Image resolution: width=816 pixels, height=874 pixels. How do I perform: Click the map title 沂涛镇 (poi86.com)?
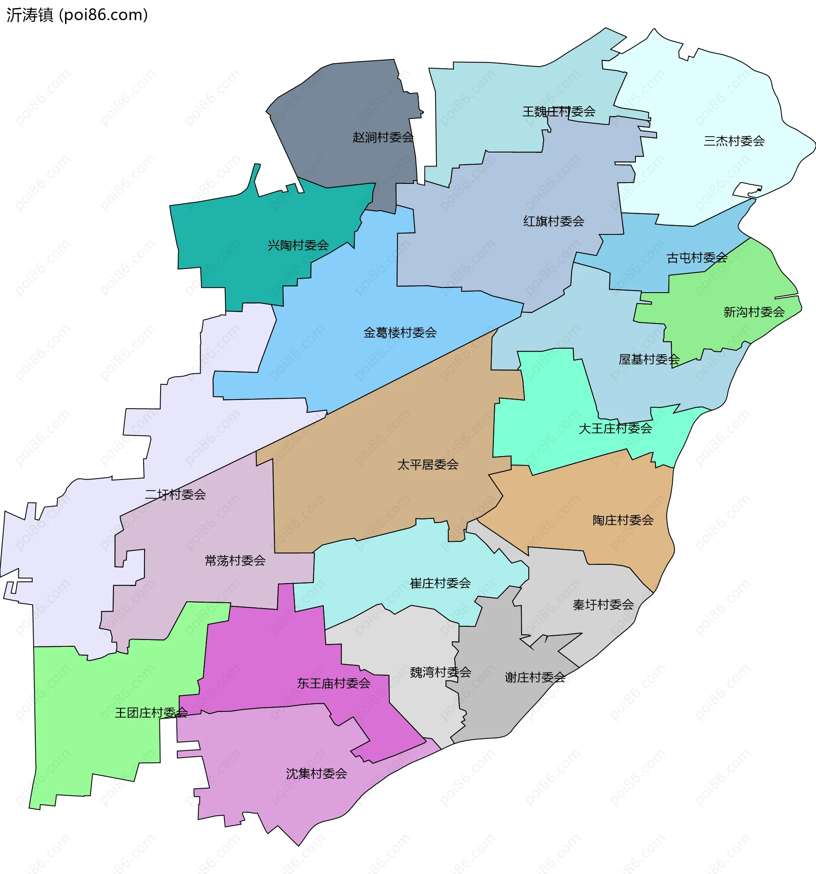tap(77, 15)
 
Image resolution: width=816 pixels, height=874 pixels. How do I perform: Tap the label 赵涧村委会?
tap(382, 138)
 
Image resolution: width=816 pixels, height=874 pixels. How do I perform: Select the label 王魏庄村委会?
tap(559, 112)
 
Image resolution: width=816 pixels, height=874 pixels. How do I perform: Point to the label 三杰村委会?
tap(734, 141)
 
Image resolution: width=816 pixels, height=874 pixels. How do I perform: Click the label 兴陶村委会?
tap(298, 245)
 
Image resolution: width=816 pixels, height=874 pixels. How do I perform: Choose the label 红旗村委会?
tap(553, 221)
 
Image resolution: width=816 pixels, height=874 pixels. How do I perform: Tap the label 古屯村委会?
tap(697, 258)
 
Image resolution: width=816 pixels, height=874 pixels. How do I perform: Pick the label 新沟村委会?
tap(754, 312)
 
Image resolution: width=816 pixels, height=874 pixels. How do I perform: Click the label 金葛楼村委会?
tap(400, 333)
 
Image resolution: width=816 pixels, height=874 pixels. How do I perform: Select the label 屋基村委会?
tap(649, 360)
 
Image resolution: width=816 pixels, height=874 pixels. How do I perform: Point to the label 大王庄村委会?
tap(615, 428)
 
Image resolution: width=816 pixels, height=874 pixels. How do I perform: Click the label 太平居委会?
tap(428, 465)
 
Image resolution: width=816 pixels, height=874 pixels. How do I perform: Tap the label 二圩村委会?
tap(175, 495)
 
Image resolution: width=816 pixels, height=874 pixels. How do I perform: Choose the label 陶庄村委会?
tap(623, 520)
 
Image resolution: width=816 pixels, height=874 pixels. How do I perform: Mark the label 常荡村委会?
tap(235, 561)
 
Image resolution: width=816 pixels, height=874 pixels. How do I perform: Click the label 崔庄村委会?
tap(440, 584)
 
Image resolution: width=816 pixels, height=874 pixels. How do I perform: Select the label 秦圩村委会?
tap(603, 605)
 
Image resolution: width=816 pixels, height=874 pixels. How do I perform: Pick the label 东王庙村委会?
tap(334, 683)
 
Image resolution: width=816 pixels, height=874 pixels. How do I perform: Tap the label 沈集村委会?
tap(316, 774)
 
